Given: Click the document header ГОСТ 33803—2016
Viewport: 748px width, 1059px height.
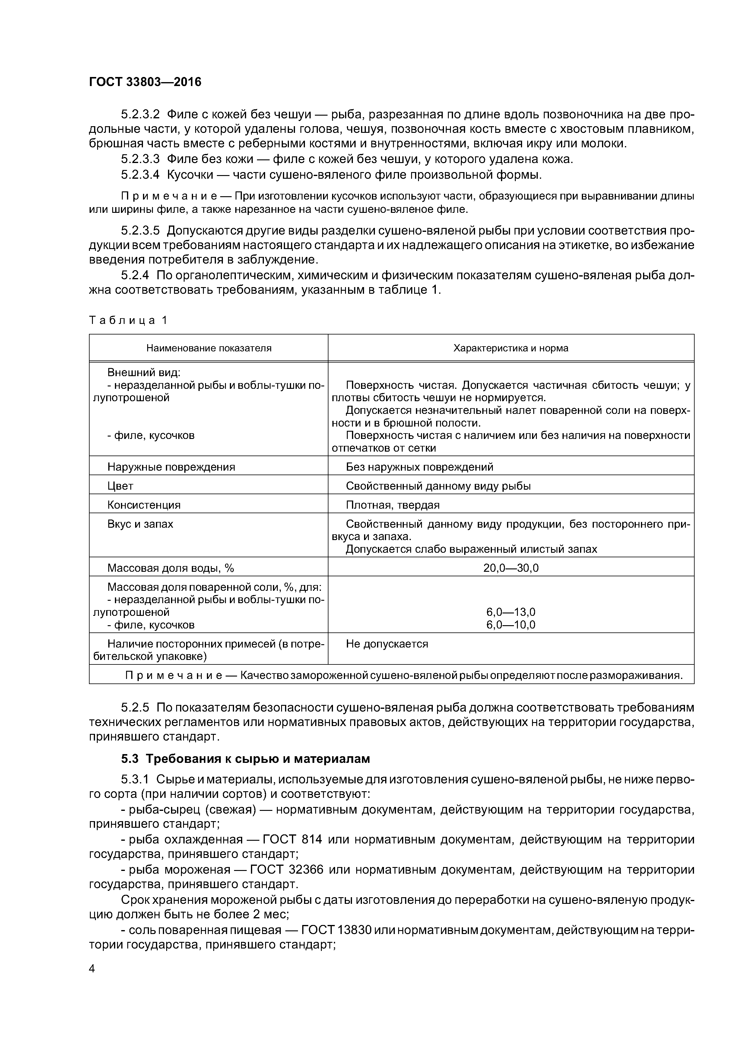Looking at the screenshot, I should coord(145,82).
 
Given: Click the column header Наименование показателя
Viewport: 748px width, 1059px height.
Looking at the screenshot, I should coord(209,348).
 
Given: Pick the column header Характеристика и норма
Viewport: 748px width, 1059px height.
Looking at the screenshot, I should coord(511,348).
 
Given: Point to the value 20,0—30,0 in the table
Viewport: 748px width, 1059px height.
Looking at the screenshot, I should coord(511,568).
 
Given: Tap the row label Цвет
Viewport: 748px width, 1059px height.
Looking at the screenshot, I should coord(120,486).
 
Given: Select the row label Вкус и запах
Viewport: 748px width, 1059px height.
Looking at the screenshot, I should coord(140,524).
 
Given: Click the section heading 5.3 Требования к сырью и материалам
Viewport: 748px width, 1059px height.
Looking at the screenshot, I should coord(246,759).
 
